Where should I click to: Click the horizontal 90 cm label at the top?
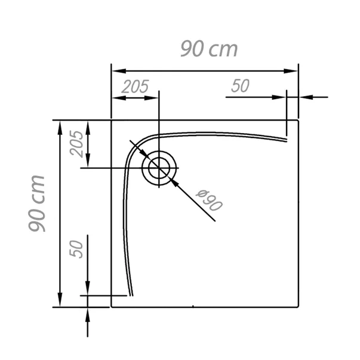pos(209,48)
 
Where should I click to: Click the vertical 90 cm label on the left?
pos(36,204)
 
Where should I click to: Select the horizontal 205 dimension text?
pos(134,87)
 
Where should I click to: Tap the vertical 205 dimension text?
pos(76,143)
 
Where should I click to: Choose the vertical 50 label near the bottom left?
pos(76,249)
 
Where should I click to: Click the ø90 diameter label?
pos(210,201)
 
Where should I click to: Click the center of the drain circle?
pos(159,168)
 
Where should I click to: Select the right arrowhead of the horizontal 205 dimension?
pos(153,97)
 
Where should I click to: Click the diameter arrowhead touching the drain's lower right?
pos(175,182)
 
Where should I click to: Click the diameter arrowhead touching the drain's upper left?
pos(144,153)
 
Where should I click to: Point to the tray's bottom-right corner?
pos(298,306)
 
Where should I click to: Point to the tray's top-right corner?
pos(298,120)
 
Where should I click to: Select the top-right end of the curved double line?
pos(287,140)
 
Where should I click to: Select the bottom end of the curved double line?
pos(131,295)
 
